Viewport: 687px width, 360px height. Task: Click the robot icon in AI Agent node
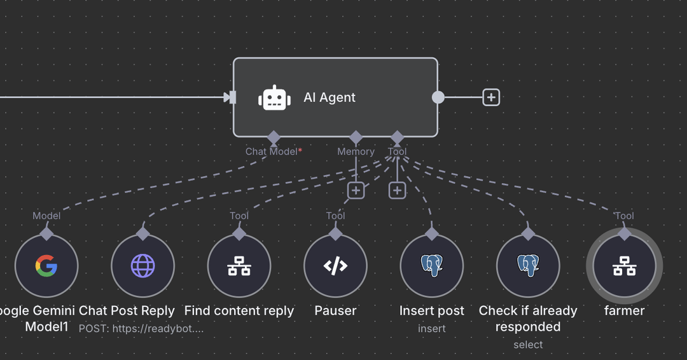(274, 98)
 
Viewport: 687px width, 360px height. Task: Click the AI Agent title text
(330, 97)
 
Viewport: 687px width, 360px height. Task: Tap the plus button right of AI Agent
(491, 97)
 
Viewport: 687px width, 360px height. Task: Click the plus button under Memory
(356, 190)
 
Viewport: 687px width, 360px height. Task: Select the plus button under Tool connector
(397, 190)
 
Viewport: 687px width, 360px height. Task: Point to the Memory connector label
(356, 151)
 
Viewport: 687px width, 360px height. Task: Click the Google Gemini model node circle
(46, 266)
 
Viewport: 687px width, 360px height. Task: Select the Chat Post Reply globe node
(142, 266)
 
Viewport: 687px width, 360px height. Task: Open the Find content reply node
(239, 266)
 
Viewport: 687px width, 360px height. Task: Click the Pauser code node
(335, 266)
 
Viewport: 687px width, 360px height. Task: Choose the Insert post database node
(432, 266)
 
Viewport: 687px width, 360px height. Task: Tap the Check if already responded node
(528, 266)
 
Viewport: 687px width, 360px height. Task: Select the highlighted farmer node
(624, 266)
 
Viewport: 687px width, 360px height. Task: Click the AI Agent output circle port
(438, 97)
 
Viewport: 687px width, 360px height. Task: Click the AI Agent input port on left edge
(233, 97)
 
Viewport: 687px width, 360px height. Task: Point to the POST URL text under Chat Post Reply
(141, 328)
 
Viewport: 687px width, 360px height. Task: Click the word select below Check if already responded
(528, 345)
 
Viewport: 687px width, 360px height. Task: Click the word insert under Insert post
(432, 328)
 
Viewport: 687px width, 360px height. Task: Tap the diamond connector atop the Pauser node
(335, 233)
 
